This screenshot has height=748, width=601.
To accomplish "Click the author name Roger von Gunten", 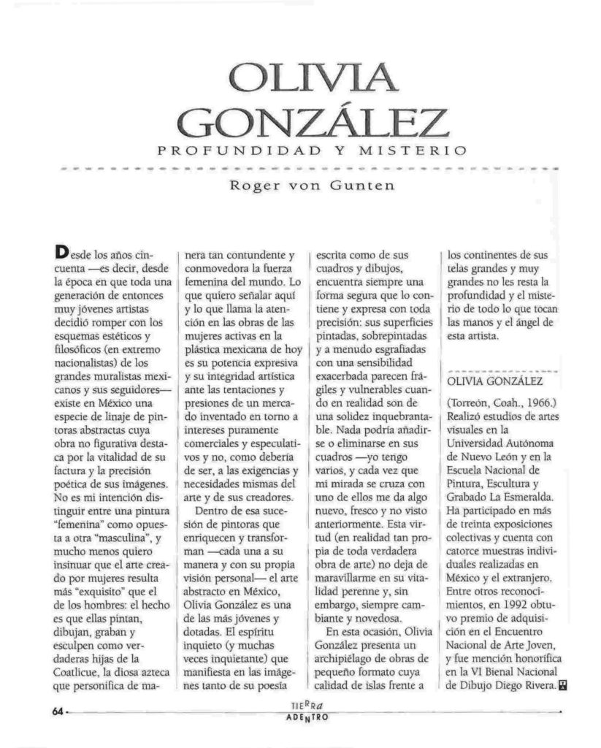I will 312,186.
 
